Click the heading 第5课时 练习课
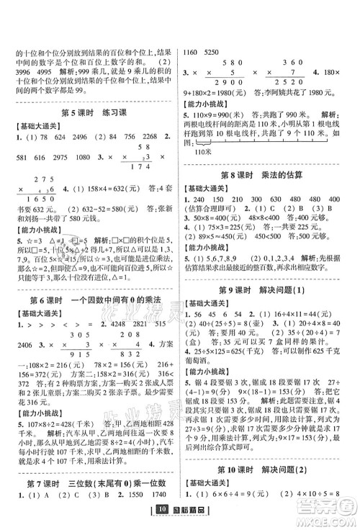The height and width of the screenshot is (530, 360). pos(90,111)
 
